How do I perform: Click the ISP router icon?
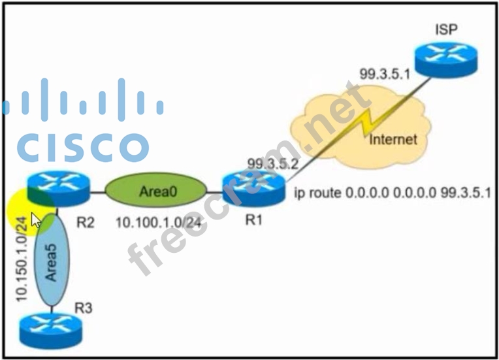[447, 57]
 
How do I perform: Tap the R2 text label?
[86, 221]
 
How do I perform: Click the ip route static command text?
[393, 194]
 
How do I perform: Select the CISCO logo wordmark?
[82, 148]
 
